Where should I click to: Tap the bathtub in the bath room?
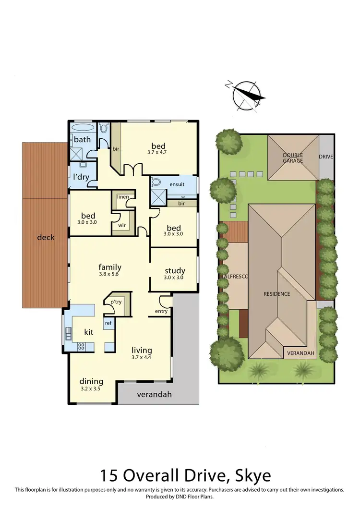(84, 129)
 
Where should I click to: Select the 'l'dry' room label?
(82, 176)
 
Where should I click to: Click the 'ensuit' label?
(180, 184)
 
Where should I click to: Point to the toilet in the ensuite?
(156, 183)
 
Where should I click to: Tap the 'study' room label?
(175, 270)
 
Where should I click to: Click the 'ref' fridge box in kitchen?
(108, 323)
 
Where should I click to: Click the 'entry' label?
(161, 311)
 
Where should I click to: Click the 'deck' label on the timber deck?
(46, 237)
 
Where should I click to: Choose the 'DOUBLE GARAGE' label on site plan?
(293, 158)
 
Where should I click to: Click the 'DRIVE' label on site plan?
(326, 157)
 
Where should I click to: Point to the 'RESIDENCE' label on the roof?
(276, 294)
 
